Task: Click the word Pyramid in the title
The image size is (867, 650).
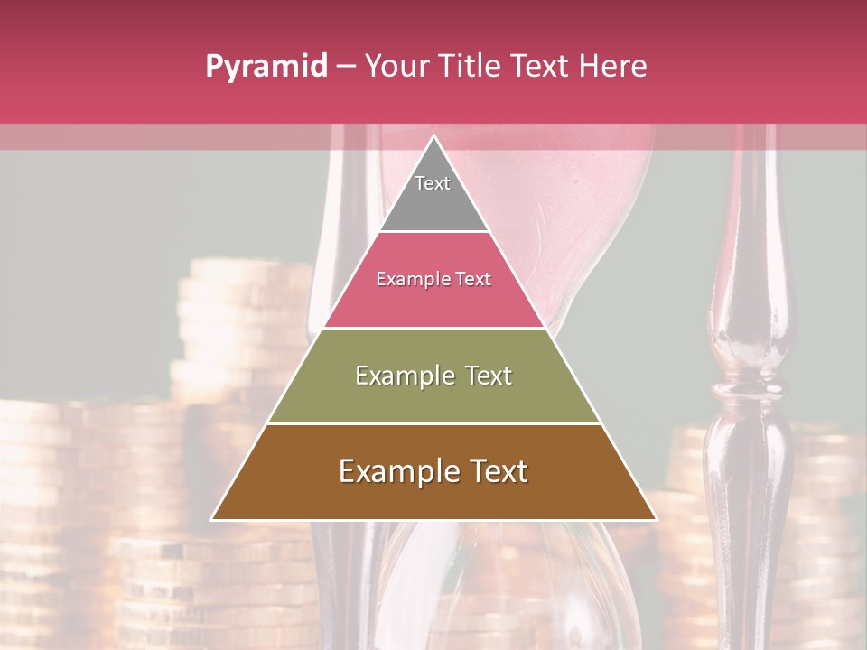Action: coord(266,67)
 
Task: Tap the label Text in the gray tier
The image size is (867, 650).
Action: coord(433,183)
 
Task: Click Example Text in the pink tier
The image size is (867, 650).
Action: coord(433,279)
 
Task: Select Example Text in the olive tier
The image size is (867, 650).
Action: coord(433,376)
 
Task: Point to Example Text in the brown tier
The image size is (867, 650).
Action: coord(433,471)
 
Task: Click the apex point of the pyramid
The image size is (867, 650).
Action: coord(433,137)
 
